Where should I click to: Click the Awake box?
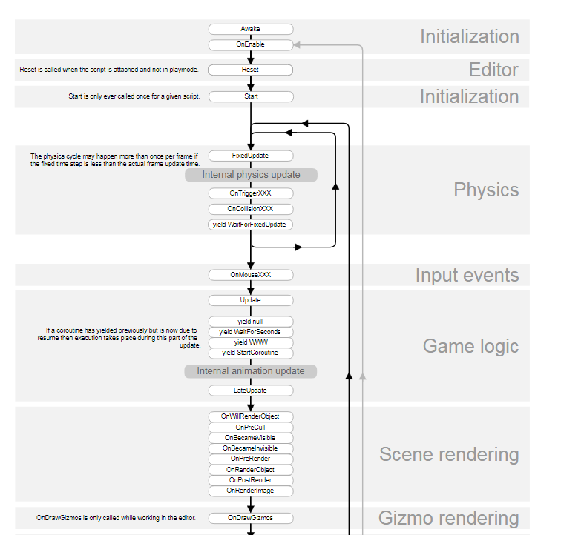tap(251, 29)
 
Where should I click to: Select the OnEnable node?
tap(251, 44)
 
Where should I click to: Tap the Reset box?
tap(250, 70)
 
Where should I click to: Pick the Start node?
tap(251, 97)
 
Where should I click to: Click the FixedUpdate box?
tap(251, 156)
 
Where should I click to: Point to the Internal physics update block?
tap(251, 175)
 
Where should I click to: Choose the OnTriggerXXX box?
tap(251, 193)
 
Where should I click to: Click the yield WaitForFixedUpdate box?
tap(250, 225)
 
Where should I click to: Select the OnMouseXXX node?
tap(251, 275)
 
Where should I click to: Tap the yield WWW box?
tap(251, 342)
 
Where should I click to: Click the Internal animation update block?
tap(251, 371)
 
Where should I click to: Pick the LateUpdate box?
tap(251, 391)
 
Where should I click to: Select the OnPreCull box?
tap(251, 428)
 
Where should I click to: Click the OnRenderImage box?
tap(251, 491)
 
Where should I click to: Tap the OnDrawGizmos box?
tap(251, 518)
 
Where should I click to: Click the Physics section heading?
tap(486, 190)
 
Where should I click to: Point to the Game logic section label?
tap(470, 346)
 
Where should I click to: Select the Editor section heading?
tap(493, 70)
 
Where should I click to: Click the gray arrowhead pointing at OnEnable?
tap(297, 45)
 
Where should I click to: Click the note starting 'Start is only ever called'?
tap(134, 96)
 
